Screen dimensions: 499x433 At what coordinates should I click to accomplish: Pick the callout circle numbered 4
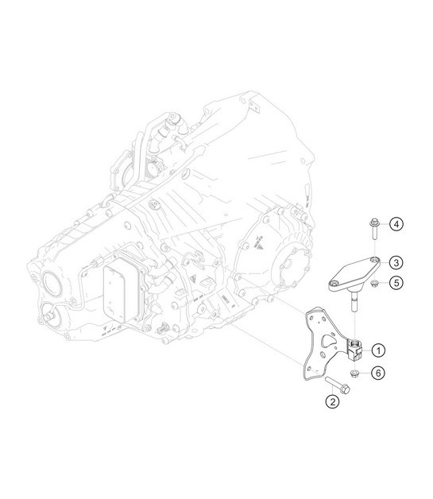point(396,226)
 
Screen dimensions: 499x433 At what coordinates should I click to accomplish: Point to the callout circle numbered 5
point(396,282)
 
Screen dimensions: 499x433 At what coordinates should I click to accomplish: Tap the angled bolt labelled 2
point(340,389)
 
